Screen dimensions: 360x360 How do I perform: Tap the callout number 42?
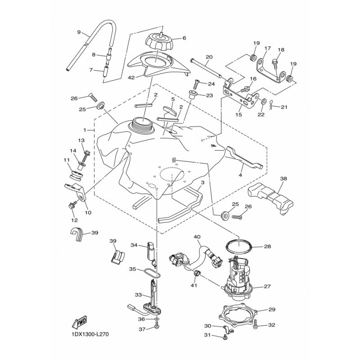tap(131, 77)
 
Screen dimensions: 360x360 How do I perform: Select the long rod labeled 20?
tap(206, 68)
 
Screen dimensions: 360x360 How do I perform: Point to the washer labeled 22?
tap(264, 101)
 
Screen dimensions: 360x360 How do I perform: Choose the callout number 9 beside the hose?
tap(79, 32)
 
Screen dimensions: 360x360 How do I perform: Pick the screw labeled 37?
tap(157, 325)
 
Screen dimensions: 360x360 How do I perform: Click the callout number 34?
tap(134, 245)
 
